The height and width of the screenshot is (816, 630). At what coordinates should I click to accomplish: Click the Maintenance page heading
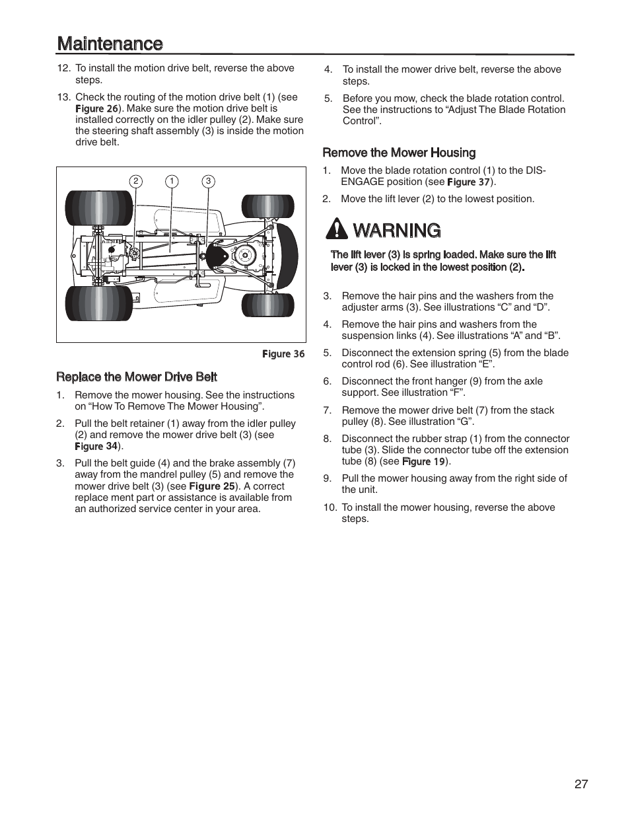click(110, 44)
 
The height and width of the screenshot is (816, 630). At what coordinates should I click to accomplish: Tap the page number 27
click(580, 784)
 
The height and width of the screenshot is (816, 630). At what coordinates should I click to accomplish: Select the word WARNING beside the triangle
click(397, 231)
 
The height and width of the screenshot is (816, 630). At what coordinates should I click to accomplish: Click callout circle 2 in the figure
click(135, 181)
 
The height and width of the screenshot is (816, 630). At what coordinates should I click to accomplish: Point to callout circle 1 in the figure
click(172, 181)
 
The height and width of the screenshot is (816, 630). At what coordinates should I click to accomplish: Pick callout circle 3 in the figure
click(208, 181)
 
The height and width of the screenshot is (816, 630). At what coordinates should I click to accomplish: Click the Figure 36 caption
click(283, 354)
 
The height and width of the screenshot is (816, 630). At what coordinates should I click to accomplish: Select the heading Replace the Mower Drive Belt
click(137, 377)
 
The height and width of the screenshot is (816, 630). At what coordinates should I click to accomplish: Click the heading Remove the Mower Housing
click(399, 153)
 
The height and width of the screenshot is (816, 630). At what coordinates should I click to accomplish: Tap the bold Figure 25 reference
click(211, 486)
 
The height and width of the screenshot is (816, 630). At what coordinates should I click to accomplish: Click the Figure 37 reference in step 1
click(469, 182)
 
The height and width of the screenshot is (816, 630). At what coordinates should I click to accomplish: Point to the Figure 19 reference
click(423, 461)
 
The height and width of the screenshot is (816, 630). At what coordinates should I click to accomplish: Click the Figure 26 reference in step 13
click(96, 108)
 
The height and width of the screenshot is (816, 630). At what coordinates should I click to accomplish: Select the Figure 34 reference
click(96, 446)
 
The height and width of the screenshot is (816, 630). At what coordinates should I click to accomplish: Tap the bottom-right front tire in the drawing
click(267, 305)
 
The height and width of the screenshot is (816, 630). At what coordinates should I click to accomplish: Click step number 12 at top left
click(63, 68)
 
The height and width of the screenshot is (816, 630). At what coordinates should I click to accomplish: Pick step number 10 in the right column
click(330, 507)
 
